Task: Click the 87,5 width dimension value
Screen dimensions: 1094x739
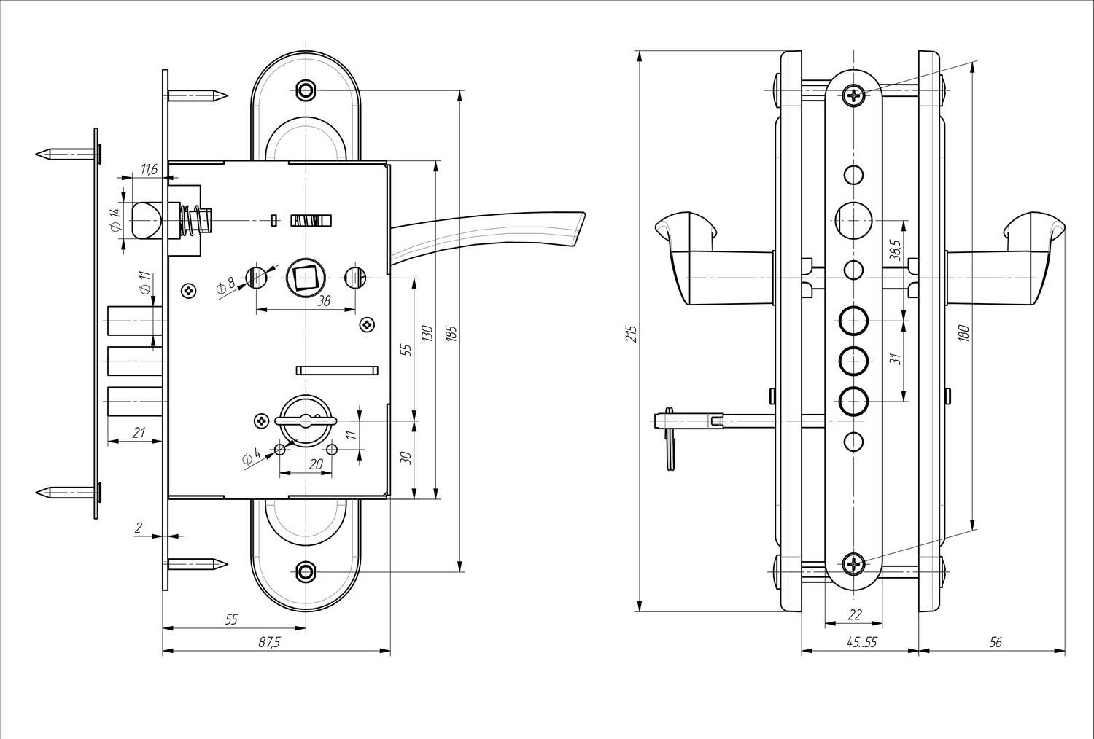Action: coord(269,642)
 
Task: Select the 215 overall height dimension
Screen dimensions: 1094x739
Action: coord(632,334)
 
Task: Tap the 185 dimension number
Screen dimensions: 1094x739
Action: coord(451,333)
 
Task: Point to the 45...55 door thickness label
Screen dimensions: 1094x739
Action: coord(862,642)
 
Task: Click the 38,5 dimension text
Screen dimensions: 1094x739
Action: coord(895,249)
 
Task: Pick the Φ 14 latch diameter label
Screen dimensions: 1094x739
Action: coord(115,219)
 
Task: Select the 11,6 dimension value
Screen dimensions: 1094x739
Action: coord(149,169)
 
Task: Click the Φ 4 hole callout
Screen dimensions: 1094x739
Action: coord(252,458)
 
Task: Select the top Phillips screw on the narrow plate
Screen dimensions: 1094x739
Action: coord(854,95)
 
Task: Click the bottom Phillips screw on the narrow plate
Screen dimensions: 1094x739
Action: coord(854,565)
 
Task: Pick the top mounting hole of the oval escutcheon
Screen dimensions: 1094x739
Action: coord(306,90)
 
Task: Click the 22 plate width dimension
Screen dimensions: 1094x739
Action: coord(854,614)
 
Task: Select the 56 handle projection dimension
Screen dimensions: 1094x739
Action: coord(996,642)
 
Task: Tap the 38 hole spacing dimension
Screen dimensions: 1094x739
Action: coord(324,301)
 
